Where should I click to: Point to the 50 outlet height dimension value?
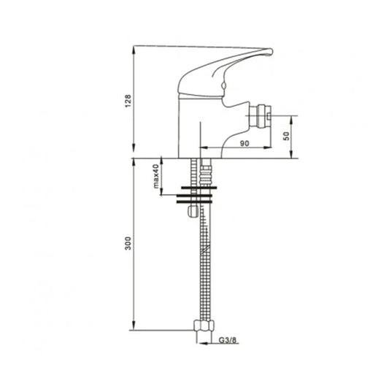pos(287,136)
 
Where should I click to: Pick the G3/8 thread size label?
pos(228,339)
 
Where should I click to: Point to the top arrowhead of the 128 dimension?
pos(133,50)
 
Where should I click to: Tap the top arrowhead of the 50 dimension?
pos(292,118)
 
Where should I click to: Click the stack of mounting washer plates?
pos(197,196)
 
